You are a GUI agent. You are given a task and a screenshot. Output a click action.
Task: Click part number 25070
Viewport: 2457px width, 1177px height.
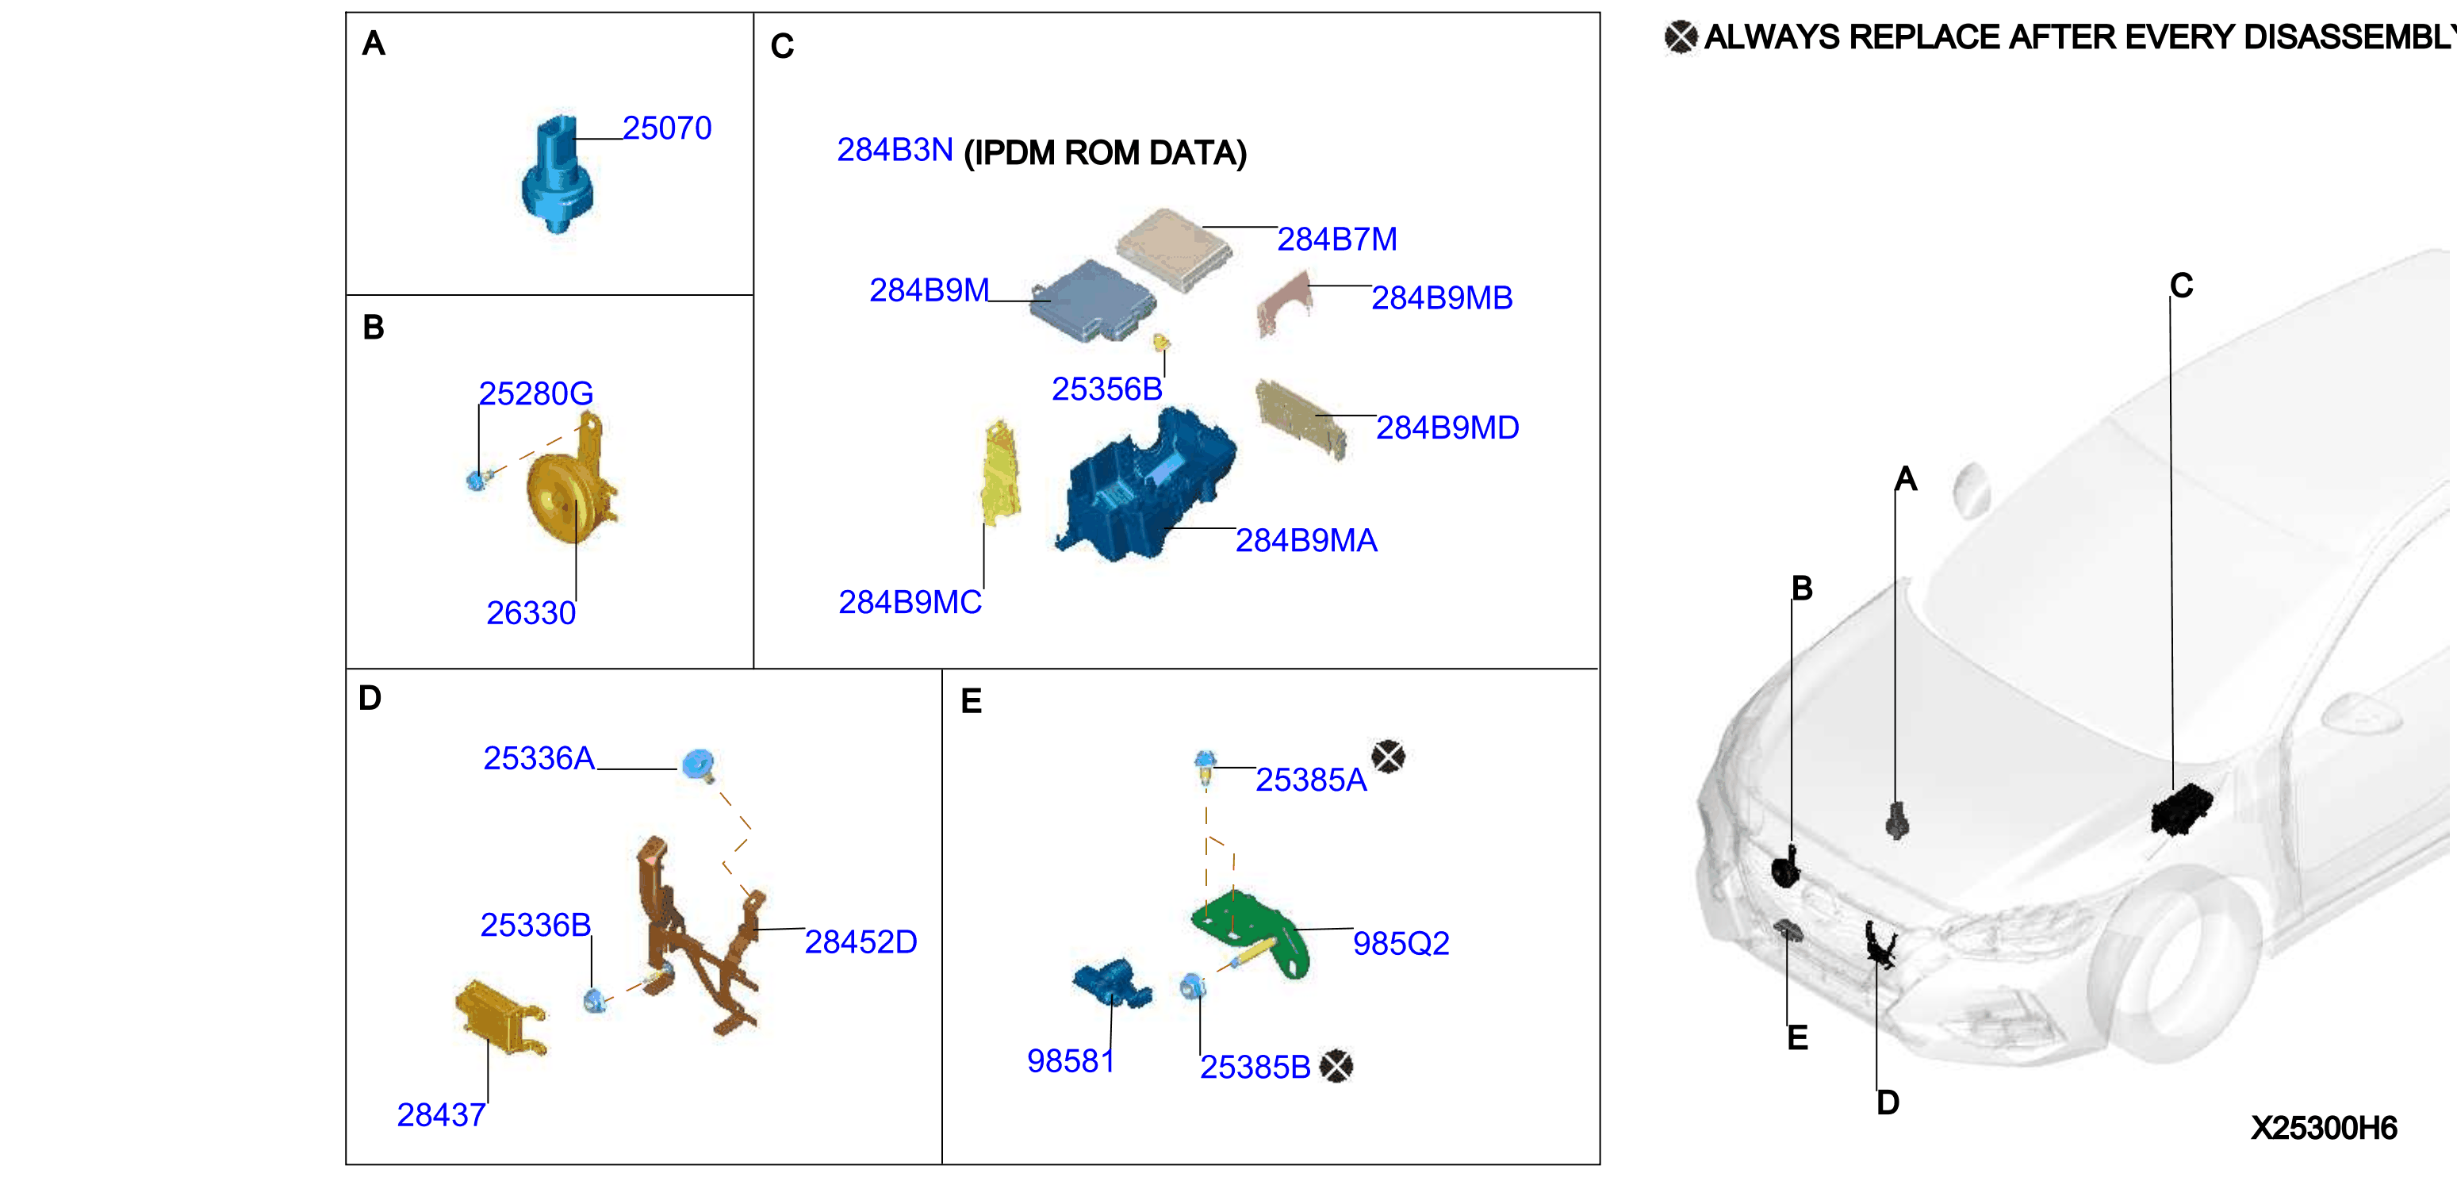(x=667, y=128)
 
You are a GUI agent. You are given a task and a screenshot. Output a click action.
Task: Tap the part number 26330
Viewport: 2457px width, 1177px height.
(x=531, y=612)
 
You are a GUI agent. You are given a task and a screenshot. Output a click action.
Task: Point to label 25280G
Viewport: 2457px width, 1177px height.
(x=535, y=393)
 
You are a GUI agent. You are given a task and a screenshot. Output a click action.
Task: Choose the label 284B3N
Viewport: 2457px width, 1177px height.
(x=895, y=150)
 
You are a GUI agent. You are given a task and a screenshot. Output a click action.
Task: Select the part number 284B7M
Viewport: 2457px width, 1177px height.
(x=1336, y=240)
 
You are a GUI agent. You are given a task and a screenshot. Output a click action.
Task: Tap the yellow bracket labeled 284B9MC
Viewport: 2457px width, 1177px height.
(x=1001, y=471)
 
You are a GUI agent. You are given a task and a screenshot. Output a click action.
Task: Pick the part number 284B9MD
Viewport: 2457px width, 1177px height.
(x=1447, y=427)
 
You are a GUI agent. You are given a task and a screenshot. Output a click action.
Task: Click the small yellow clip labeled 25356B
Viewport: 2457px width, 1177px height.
(x=1161, y=342)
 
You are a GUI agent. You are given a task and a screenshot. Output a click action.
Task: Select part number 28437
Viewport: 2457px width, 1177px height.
(x=441, y=1114)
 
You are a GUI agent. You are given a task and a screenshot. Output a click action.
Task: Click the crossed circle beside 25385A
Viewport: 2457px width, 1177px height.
(x=1388, y=757)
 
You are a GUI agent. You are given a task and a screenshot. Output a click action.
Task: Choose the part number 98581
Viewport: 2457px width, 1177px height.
(x=1070, y=1060)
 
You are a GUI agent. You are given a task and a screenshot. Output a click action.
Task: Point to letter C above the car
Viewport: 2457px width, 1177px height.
(x=2181, y=286)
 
